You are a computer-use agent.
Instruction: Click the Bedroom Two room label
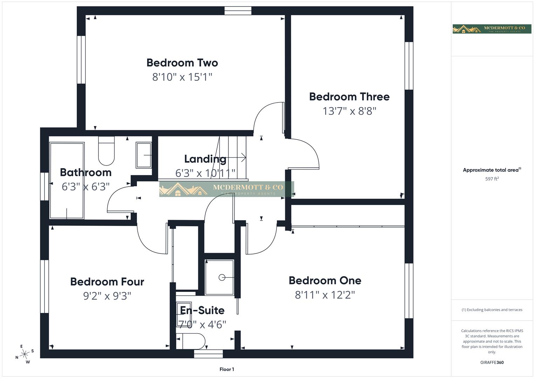pos(182,63)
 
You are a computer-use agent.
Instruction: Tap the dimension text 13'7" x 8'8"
pos(349,111)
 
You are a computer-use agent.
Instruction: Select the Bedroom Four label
pos(107,282)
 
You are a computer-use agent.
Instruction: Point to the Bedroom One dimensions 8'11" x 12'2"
pos(325,295)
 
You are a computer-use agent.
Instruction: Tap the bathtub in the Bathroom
pos(67,180)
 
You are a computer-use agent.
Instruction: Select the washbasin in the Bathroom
pos(143,155)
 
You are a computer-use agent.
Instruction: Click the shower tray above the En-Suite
pos(219,277)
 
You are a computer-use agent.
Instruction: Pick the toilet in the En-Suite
pos(191,341)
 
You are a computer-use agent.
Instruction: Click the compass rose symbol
pos(25,354)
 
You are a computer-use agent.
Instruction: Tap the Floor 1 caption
pos(227,369)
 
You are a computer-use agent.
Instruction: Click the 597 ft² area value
pos(492,179)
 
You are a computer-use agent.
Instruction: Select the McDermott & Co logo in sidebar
pos(492,29)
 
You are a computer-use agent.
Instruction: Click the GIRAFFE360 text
pos(492,363)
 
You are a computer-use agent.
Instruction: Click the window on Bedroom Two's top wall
pos(238,11)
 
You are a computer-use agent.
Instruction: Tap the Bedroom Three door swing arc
pos(308,150)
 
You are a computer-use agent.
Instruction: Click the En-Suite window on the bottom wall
pos(208,353)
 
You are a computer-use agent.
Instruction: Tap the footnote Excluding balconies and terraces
pos(492,310)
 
